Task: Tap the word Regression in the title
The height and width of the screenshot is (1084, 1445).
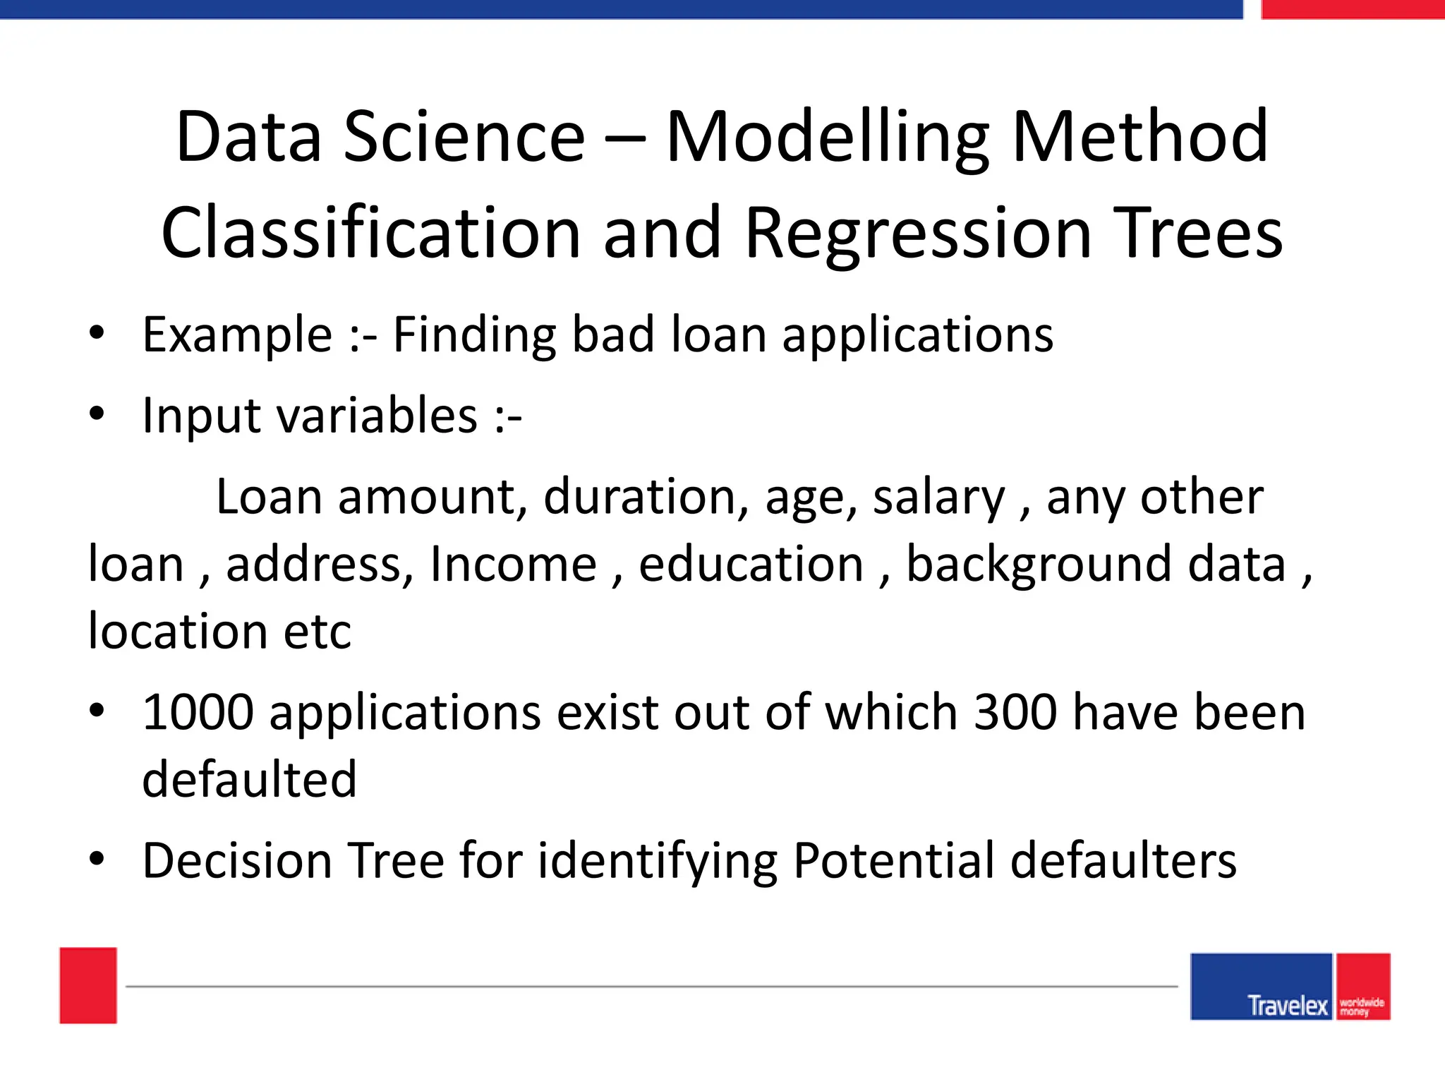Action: pyautogui.click(x=917, y=233)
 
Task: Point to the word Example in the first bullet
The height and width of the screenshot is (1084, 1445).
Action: pyautogui.click(x=237, y=335)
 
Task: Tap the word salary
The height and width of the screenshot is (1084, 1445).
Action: pyautogui.click(x=938, y=498)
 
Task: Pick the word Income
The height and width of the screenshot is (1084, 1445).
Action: pyautogui.click(x=513, y=565)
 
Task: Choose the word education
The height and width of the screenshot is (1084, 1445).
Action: pyautogui.click(x=751, y=565)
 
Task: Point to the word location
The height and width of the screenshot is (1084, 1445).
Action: pyautogui.click(x=177, y=631)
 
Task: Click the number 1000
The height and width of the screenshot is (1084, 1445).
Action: pyautogui.click(x=198, y=712)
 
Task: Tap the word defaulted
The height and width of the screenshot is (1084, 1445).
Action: pyautogui.click(x=249, y=780)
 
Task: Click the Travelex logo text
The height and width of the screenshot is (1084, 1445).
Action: pyautogui.click(x=1287, y=1005)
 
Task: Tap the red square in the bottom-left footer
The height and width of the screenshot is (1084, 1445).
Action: pyautogui.click(x=88, y=985)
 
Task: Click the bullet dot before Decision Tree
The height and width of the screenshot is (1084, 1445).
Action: pyautogui.click(x=97, y=859)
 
